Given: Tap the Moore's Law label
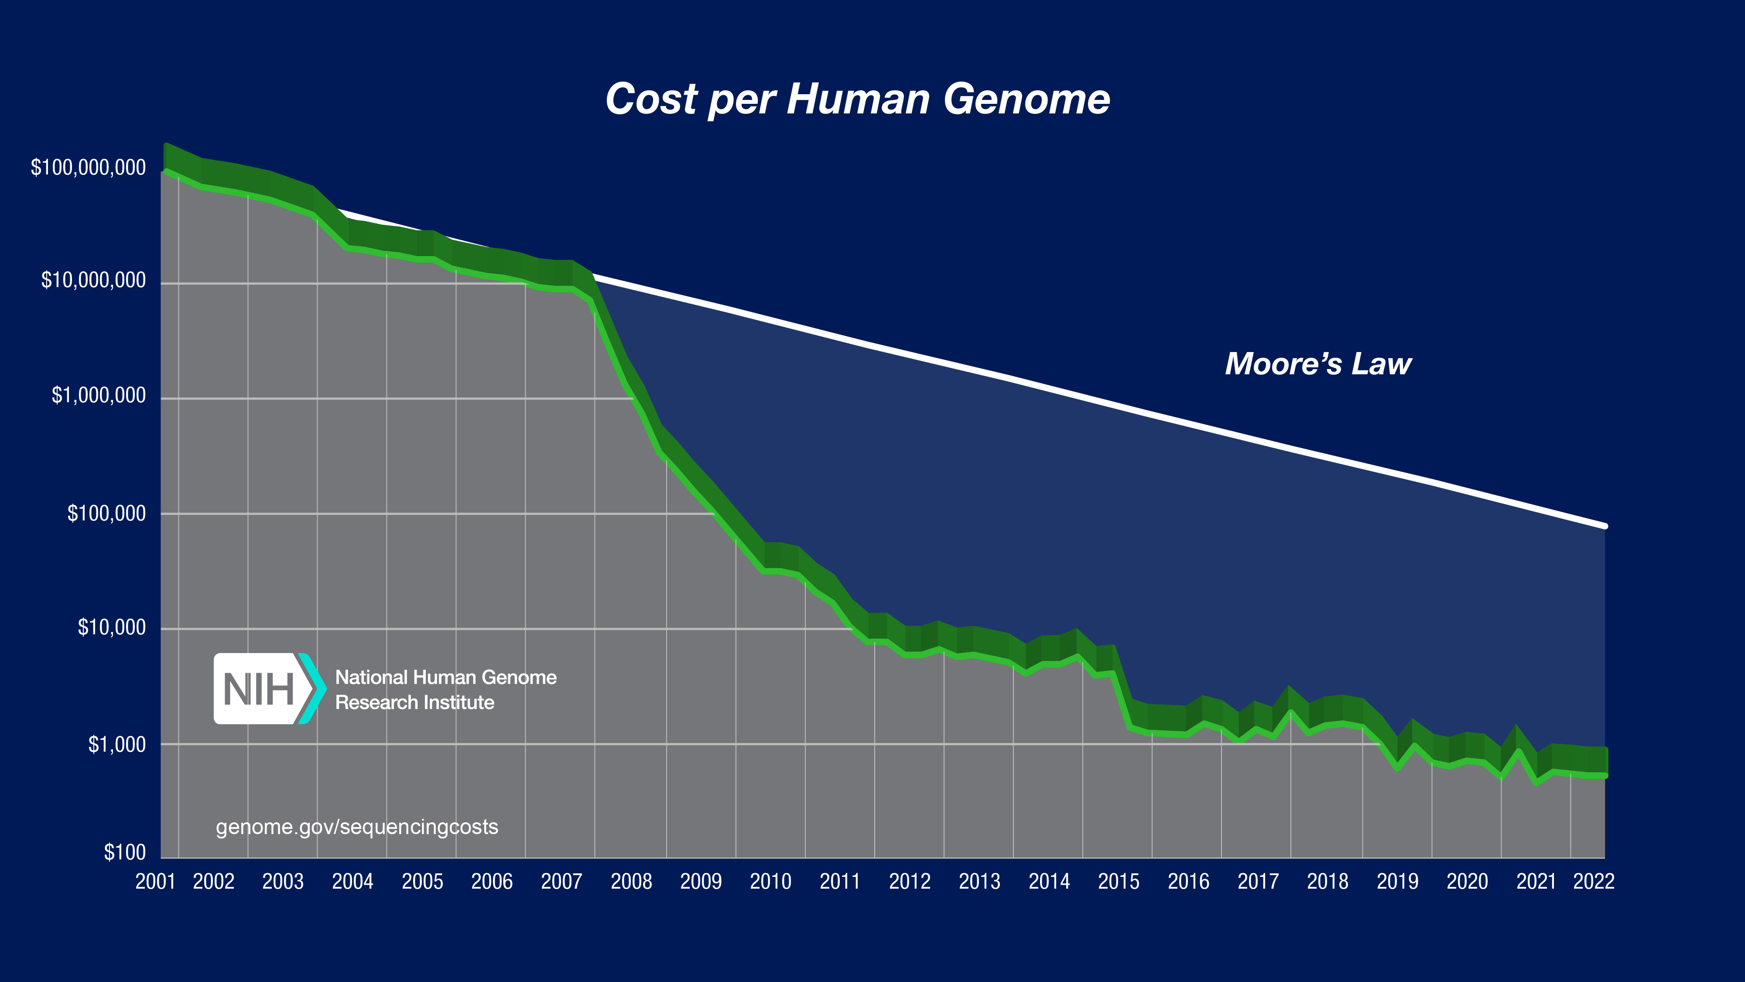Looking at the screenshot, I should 1317,364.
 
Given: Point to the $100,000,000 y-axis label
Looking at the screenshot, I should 88,167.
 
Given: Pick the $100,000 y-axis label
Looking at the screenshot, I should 106,513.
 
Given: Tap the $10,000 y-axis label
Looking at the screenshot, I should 112,627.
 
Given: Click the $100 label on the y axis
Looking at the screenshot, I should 125,852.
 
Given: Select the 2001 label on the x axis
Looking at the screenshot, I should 155,881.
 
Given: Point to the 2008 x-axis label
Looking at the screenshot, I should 631,881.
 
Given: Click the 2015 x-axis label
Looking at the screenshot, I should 1119,881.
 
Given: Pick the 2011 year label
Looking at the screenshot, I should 839,881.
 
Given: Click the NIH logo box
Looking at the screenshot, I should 261,689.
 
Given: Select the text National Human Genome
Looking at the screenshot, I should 446,677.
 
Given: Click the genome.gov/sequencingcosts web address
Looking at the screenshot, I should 357,827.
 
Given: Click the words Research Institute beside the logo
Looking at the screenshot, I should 414,702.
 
